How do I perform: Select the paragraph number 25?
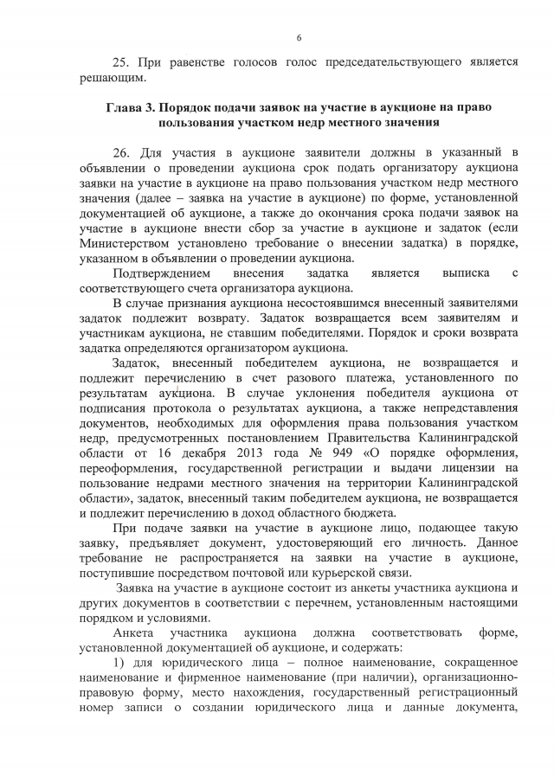(122, 63)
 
